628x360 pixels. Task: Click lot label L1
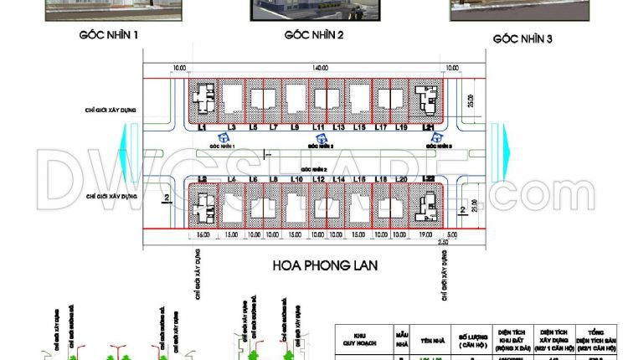202,127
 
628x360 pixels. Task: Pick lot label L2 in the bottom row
202,180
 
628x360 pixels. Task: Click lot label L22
428,180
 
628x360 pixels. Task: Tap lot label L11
318,127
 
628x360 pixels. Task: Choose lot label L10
296,180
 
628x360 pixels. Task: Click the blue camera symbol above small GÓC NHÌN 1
224,137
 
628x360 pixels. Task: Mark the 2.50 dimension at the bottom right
443,244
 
